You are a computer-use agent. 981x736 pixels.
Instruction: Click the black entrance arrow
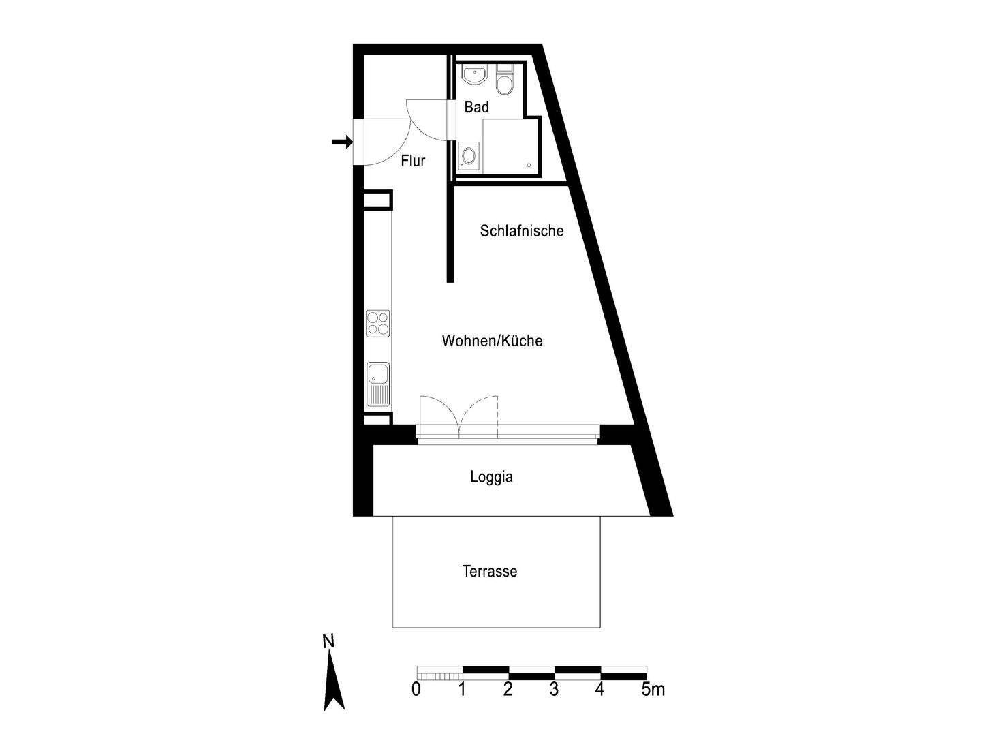coord(341,142)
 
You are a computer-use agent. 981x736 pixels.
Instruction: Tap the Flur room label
coord(413,161)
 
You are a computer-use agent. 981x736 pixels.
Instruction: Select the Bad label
coord(476,107)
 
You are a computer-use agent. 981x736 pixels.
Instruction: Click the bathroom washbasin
coord(473,75)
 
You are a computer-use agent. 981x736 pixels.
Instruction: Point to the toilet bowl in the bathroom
coord(505,85)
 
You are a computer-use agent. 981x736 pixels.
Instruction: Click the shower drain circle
coord(529,165)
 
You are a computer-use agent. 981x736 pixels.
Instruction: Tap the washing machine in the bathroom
coord(468,155)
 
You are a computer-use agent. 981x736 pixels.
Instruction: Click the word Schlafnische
coord(521,230)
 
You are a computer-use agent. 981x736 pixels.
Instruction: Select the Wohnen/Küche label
coord(492,341)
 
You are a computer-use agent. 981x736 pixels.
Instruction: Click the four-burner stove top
coord(377,323)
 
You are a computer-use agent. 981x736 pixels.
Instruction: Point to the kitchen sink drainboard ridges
coord(377,395)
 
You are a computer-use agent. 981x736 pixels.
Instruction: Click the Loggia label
coord(490,477)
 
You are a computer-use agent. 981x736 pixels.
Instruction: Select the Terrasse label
coord(489,571)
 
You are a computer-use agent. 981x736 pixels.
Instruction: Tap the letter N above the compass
coord(328,641)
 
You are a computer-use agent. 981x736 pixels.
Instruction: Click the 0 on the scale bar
coord(416,690)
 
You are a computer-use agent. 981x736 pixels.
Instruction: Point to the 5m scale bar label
coord(652,690)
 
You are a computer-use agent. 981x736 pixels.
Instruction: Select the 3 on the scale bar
coord(553,690)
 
